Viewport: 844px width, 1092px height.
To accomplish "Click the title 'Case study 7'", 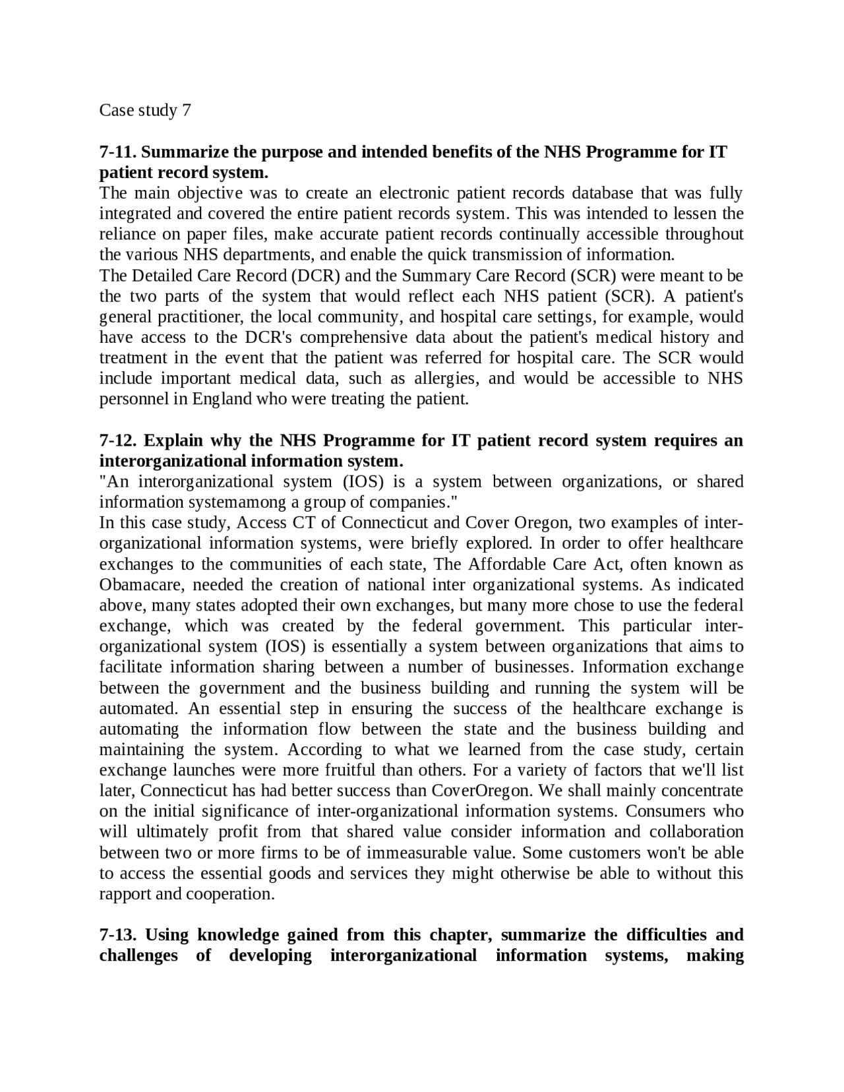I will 145,110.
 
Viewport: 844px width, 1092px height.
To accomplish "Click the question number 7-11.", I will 118,152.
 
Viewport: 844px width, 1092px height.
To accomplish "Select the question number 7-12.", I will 119,440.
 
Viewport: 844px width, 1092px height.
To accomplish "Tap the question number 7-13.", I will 119,934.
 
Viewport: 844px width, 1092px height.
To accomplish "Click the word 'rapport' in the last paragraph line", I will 125,894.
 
